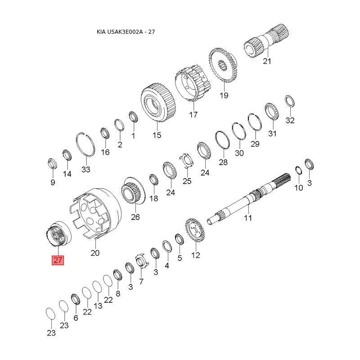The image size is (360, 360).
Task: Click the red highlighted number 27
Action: click(58, 260)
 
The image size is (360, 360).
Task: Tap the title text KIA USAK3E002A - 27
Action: click(126, 31)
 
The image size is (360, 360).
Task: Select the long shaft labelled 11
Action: click(249, 199)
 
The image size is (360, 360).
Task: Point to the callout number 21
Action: click(267, 61)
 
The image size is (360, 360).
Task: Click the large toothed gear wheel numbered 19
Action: click(223, 65)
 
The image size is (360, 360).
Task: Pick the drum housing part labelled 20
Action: click(95, 213)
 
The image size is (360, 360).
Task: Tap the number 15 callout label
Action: click(157, 135)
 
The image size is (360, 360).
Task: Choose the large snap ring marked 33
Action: click(85, 144)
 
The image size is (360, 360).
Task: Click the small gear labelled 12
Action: click(195, 230)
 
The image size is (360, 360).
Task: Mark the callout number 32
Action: click(290, 120)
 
